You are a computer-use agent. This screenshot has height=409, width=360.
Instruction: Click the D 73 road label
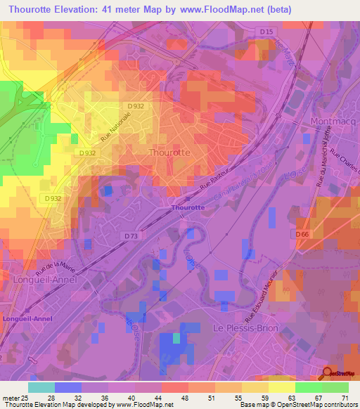coord(131,236)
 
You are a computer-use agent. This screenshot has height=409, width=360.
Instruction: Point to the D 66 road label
coord(302,233)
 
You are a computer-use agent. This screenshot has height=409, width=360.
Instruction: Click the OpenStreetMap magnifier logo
coord(327,373)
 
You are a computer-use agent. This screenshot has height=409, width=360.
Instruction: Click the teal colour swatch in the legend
coord(41,387)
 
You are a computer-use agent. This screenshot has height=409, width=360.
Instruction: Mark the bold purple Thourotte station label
coord(188,207)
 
